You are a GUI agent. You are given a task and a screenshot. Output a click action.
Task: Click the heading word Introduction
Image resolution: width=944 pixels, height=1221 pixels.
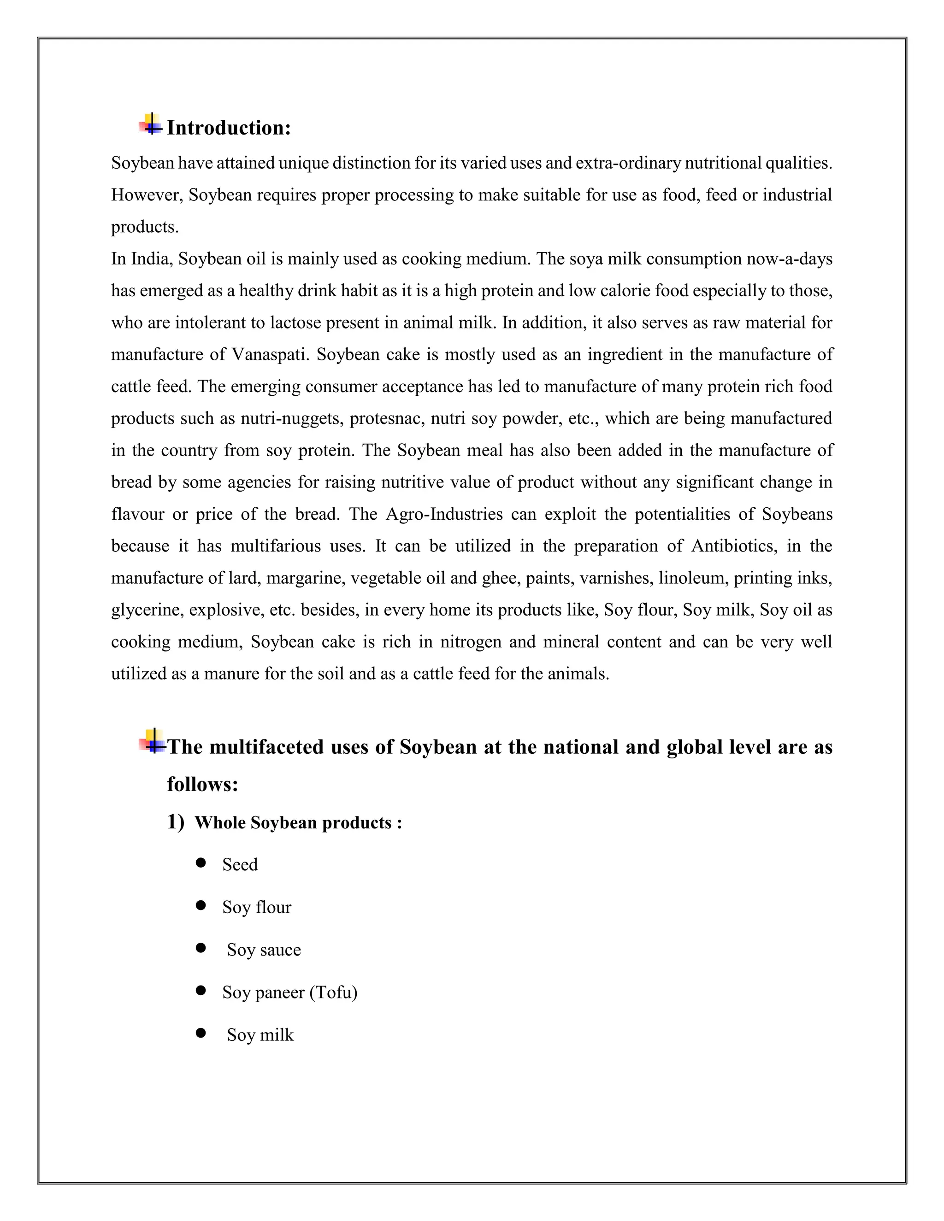pos(228,128)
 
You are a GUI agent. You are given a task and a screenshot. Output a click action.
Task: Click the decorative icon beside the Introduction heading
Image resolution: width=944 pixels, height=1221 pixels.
pos(150,124)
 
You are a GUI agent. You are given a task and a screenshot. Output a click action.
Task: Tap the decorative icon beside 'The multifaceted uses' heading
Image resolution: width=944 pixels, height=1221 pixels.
pos(152,741)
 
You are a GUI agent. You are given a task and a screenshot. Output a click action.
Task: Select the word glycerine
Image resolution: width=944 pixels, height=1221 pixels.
pos(147,610)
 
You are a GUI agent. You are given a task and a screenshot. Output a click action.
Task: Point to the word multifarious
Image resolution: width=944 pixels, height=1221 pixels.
pos(276,546)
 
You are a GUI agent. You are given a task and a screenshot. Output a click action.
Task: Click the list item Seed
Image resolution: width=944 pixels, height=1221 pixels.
pos(240,865)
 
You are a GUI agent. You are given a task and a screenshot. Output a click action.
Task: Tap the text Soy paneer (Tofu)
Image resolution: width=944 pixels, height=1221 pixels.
pos(289,992)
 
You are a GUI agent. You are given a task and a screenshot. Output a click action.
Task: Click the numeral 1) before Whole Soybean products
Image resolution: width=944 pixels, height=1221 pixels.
pos(175,822)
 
